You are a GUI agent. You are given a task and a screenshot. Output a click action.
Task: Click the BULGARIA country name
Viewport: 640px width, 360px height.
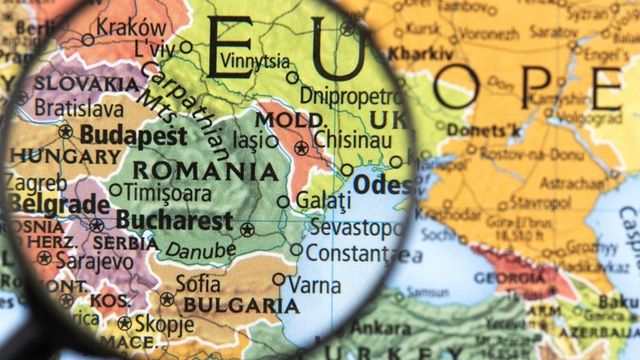point(231,305)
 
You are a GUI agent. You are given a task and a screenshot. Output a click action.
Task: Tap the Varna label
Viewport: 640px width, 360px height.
point(314,284)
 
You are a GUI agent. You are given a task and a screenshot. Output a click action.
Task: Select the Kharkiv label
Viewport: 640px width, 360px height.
point(420,52)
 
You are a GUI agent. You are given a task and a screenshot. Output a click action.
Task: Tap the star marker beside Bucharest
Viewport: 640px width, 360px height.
point(246,229)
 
